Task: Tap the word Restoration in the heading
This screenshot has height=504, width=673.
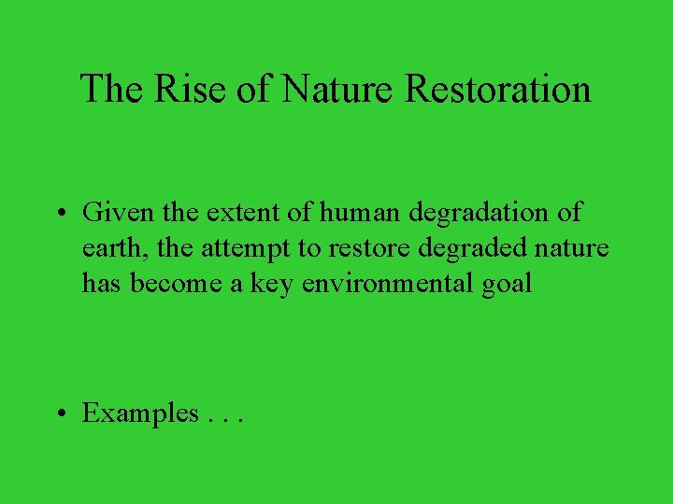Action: click(498, 90)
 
